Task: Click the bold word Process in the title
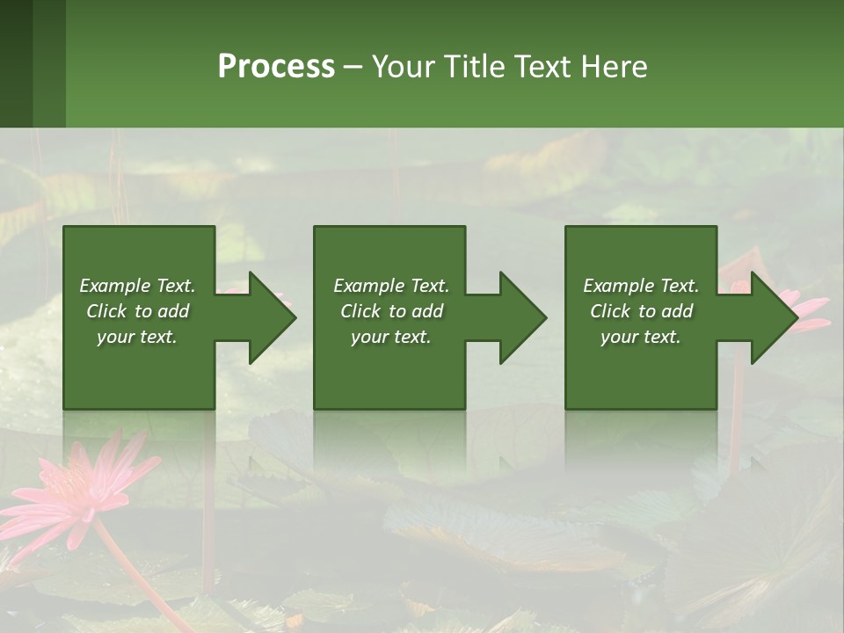point(276,67)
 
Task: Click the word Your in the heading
point(404,67)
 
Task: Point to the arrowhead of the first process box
point(271,317)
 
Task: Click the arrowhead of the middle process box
point(522,317)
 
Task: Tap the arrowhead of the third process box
point(773,317)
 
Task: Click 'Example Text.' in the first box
point(137,286)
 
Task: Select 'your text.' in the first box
point(137,337)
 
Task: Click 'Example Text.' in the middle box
point(391,286)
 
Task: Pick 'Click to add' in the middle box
point(391,311)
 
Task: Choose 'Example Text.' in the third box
point(641,286)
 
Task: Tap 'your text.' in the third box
point(641,337)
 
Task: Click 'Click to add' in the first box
point(137,311)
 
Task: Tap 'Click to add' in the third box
point(641,311)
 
